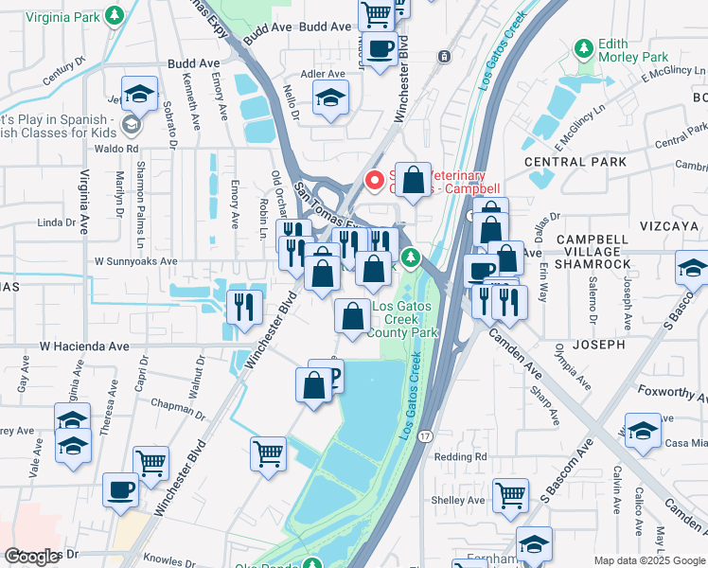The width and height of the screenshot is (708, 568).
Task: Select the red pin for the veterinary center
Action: pos(375,178)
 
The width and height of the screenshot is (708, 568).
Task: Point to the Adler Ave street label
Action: pos(322,73)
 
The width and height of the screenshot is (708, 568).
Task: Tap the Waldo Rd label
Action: pos(117,149)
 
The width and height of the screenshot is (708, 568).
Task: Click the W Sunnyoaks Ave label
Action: pos(135,261)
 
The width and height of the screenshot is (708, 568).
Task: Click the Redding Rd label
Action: pos(460,456)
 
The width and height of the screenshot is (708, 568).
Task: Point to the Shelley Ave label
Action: pos(457,501)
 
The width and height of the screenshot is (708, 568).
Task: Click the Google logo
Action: pos(33,556)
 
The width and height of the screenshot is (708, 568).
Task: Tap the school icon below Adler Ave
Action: pos(330,98)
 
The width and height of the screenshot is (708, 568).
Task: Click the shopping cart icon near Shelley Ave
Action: pos(510,495)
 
